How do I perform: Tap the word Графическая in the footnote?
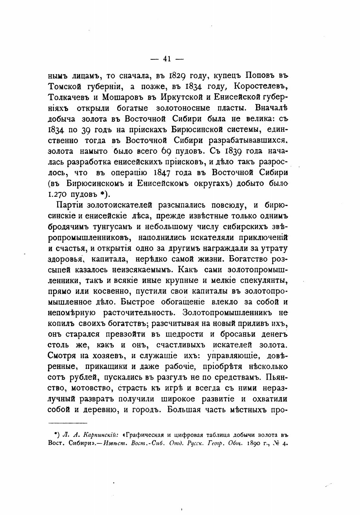tap(147, 434)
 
